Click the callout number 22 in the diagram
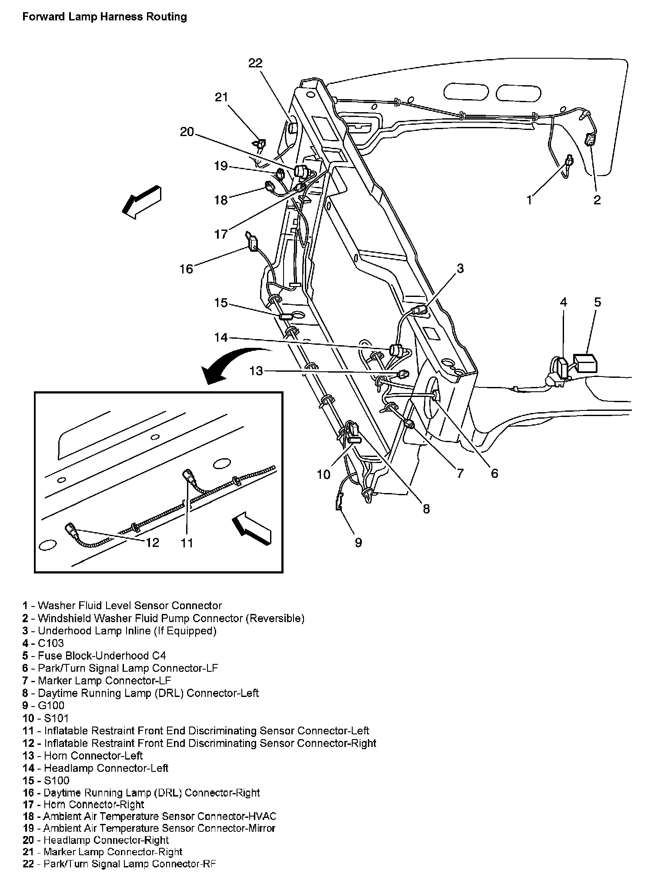coord(255,63)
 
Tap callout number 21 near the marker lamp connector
coord(221,97)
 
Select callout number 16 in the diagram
coord(186,269)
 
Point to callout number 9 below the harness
coord(358,542)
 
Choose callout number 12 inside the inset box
coord(153,543)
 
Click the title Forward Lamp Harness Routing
coord(104,17)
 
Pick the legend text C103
coord(51,643)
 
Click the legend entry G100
coord(51,706)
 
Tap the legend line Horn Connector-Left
coord(93,756)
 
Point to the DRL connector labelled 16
coord(252,242)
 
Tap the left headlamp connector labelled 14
coord(395,350)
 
